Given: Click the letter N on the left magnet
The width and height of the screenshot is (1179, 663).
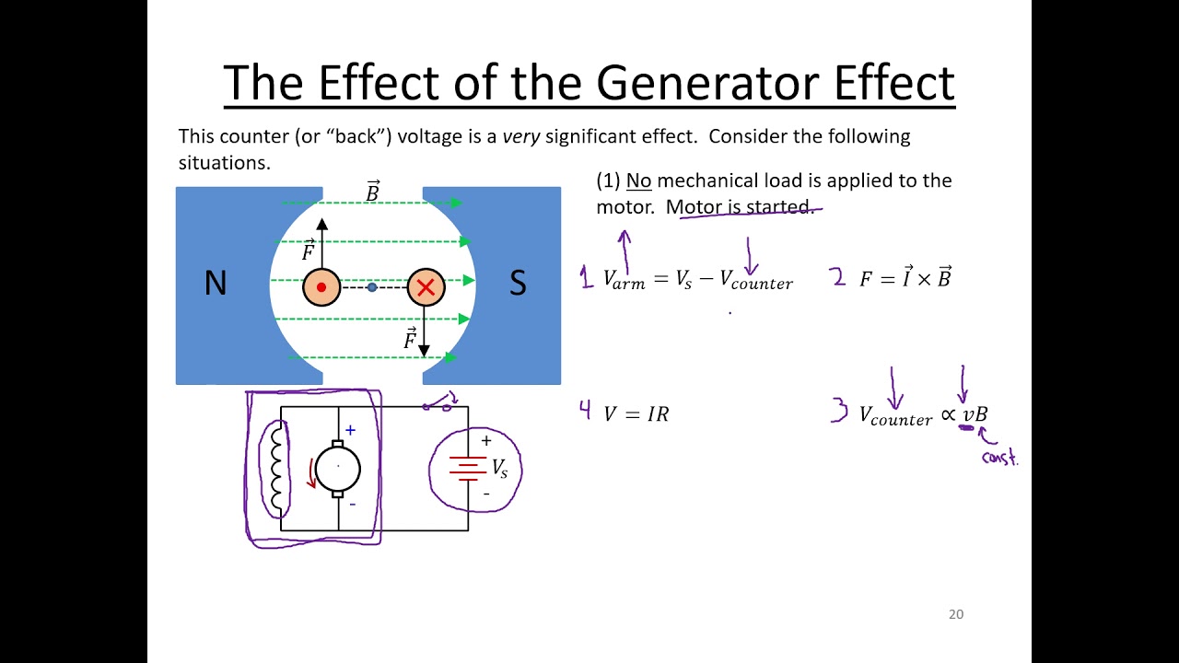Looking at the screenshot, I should pos(216,284).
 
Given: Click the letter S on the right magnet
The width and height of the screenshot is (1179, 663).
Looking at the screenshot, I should pos(518,284).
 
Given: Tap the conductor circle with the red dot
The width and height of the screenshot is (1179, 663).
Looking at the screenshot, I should pos(321,287).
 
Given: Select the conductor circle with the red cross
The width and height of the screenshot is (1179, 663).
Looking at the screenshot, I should pos(426,287).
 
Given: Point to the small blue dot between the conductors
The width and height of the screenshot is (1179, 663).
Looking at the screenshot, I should pos(372,287).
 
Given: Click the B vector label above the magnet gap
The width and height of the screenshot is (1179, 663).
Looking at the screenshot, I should pos(372,192).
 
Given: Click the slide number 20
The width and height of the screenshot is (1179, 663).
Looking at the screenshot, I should pos(956,614).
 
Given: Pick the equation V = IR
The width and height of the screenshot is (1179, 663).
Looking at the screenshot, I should pos(636,414).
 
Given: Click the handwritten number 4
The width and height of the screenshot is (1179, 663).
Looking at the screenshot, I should pos(585,411).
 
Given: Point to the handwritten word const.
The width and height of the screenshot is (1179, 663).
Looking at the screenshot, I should pos(999,458).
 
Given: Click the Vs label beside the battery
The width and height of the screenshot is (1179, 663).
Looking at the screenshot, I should pos(499,469).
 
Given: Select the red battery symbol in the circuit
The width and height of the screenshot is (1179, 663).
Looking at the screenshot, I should pos(468,468).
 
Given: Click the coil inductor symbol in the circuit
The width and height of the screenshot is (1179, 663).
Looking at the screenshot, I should pos(275,468).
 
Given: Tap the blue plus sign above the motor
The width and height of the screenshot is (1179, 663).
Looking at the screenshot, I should pos(350,430).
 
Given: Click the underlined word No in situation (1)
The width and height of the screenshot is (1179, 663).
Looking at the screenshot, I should pos(638,180).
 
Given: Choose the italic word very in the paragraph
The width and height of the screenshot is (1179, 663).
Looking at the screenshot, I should pos(521,137).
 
